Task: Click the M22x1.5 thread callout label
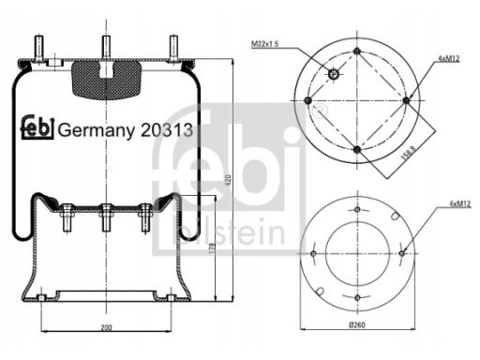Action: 264,44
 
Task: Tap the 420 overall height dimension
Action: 229,179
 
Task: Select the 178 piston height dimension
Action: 212,247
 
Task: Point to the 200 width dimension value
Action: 106,328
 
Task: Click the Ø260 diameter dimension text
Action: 357,325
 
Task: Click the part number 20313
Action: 166,130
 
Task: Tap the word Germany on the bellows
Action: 96,131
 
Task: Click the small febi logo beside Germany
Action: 37,127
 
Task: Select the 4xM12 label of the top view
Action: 448,59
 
